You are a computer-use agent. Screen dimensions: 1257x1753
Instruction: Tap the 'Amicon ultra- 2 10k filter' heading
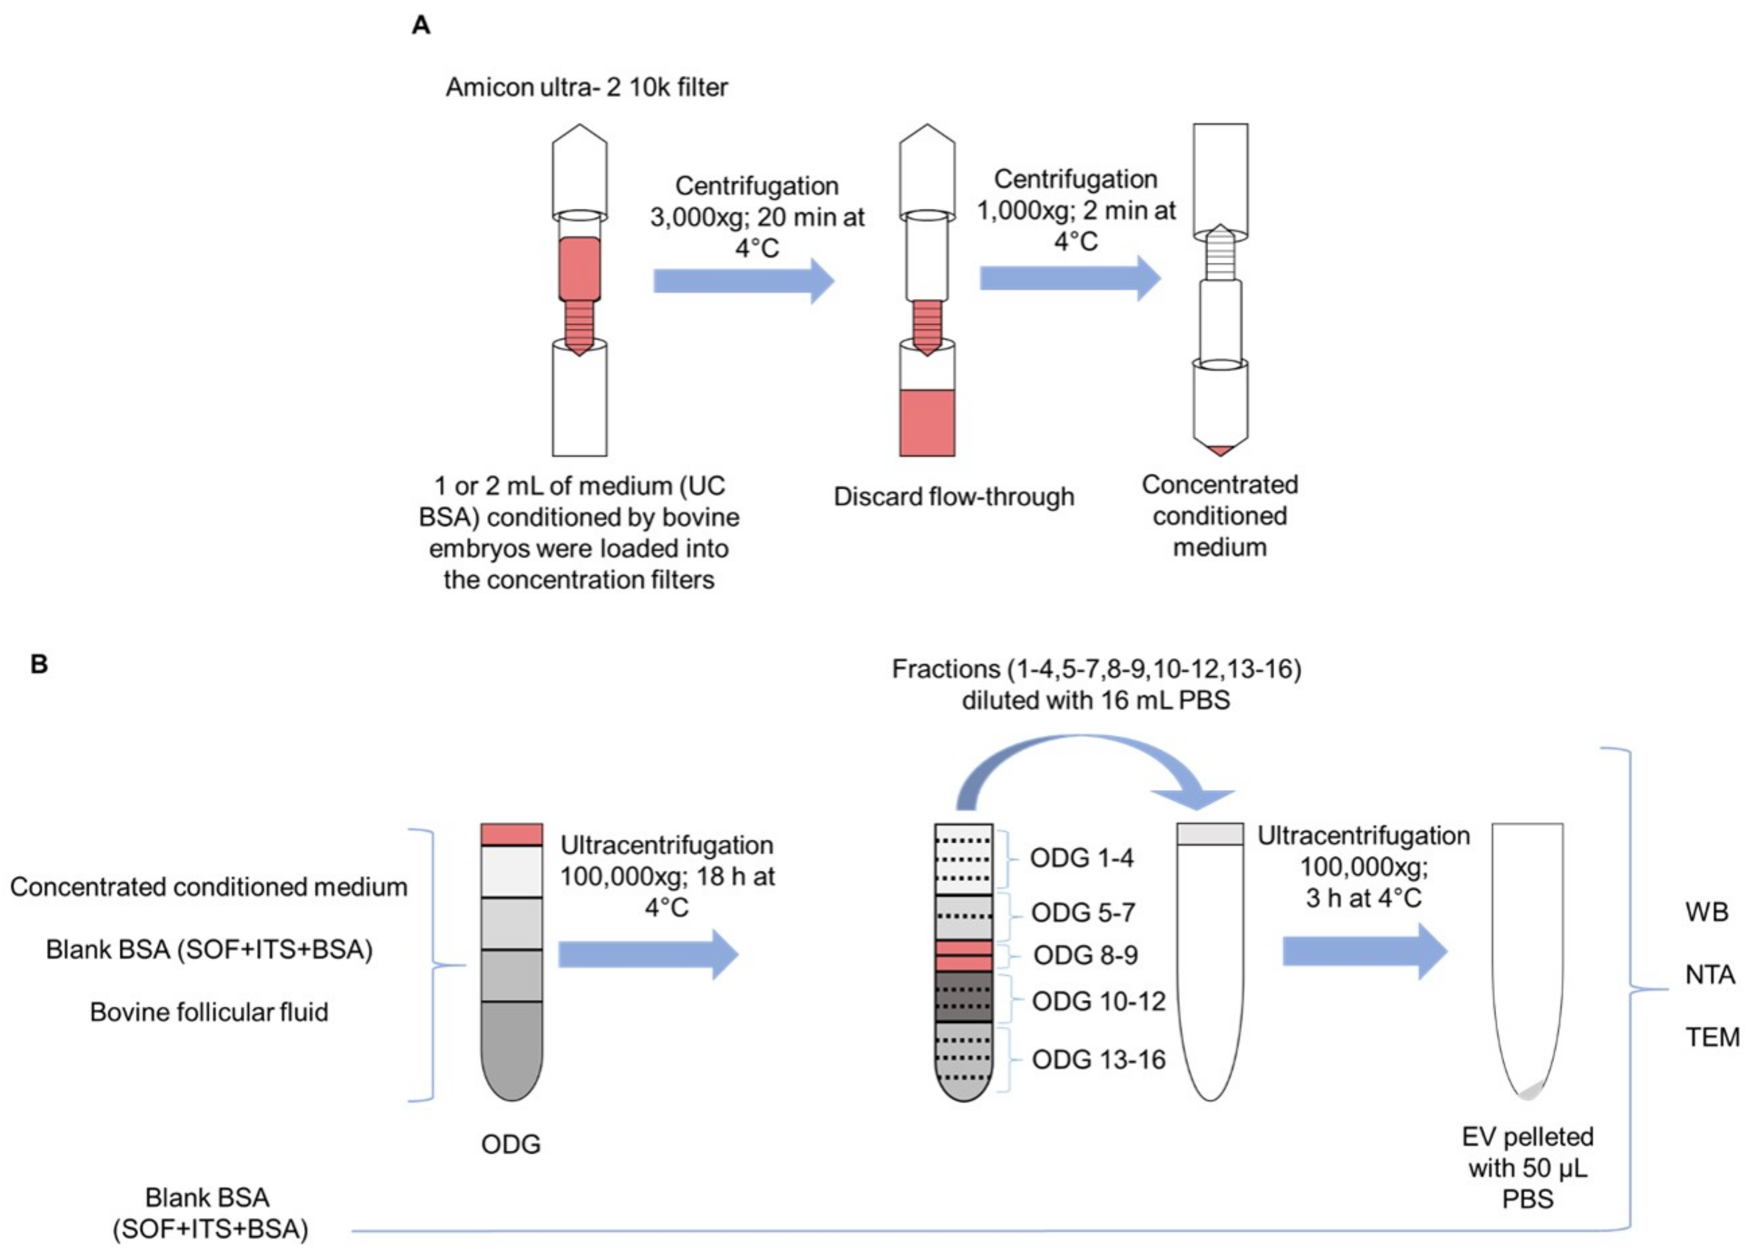tap(586, 87)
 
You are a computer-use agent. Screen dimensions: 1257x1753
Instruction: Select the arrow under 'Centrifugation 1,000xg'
tap(1070, 277)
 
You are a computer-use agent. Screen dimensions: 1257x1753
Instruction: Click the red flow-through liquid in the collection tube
tap(927, 422)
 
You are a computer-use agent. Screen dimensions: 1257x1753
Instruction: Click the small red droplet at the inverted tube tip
tap(1220, 450)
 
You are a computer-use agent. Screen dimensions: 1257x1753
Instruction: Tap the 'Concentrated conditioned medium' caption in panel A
tap(1220, 516)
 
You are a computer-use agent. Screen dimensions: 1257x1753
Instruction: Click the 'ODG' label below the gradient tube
tap(510, 1144)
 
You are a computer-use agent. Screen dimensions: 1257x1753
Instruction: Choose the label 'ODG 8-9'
tap(1085, 956)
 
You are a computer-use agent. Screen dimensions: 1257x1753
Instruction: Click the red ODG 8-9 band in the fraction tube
tap(963, 956)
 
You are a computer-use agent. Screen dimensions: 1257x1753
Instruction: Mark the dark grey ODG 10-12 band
tap(963, 997)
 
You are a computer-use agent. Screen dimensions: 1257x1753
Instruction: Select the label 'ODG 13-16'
tap(1098, 1059)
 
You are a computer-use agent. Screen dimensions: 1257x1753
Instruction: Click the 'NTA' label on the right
tap(1710, 975)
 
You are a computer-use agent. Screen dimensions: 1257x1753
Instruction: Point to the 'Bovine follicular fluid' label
tap(209, 1012)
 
